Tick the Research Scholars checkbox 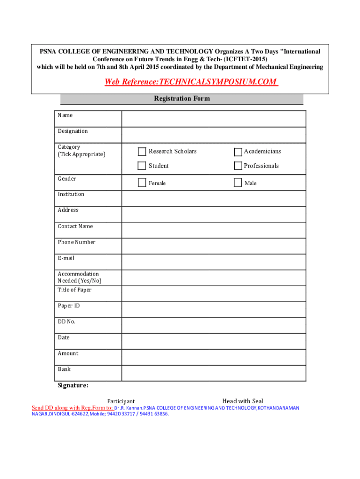[142, 152]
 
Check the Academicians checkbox [238, 152]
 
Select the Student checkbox [142, 166]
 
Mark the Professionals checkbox [238, 166]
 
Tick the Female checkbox [142, 183]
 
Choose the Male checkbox [238, 183]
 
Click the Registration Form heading [182, 99]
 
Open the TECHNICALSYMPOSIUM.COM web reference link [191, 82]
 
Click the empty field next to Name [214, 119]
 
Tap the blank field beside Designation [214, 135]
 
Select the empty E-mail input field [214, 262]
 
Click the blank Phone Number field [214, 246]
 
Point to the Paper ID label [69, 306]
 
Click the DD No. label [66, 322]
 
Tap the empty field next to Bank [214, 373]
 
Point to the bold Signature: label [73, 385]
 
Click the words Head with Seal [243, 401]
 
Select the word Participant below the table [121, 401]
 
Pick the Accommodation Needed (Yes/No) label [79, 277]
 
